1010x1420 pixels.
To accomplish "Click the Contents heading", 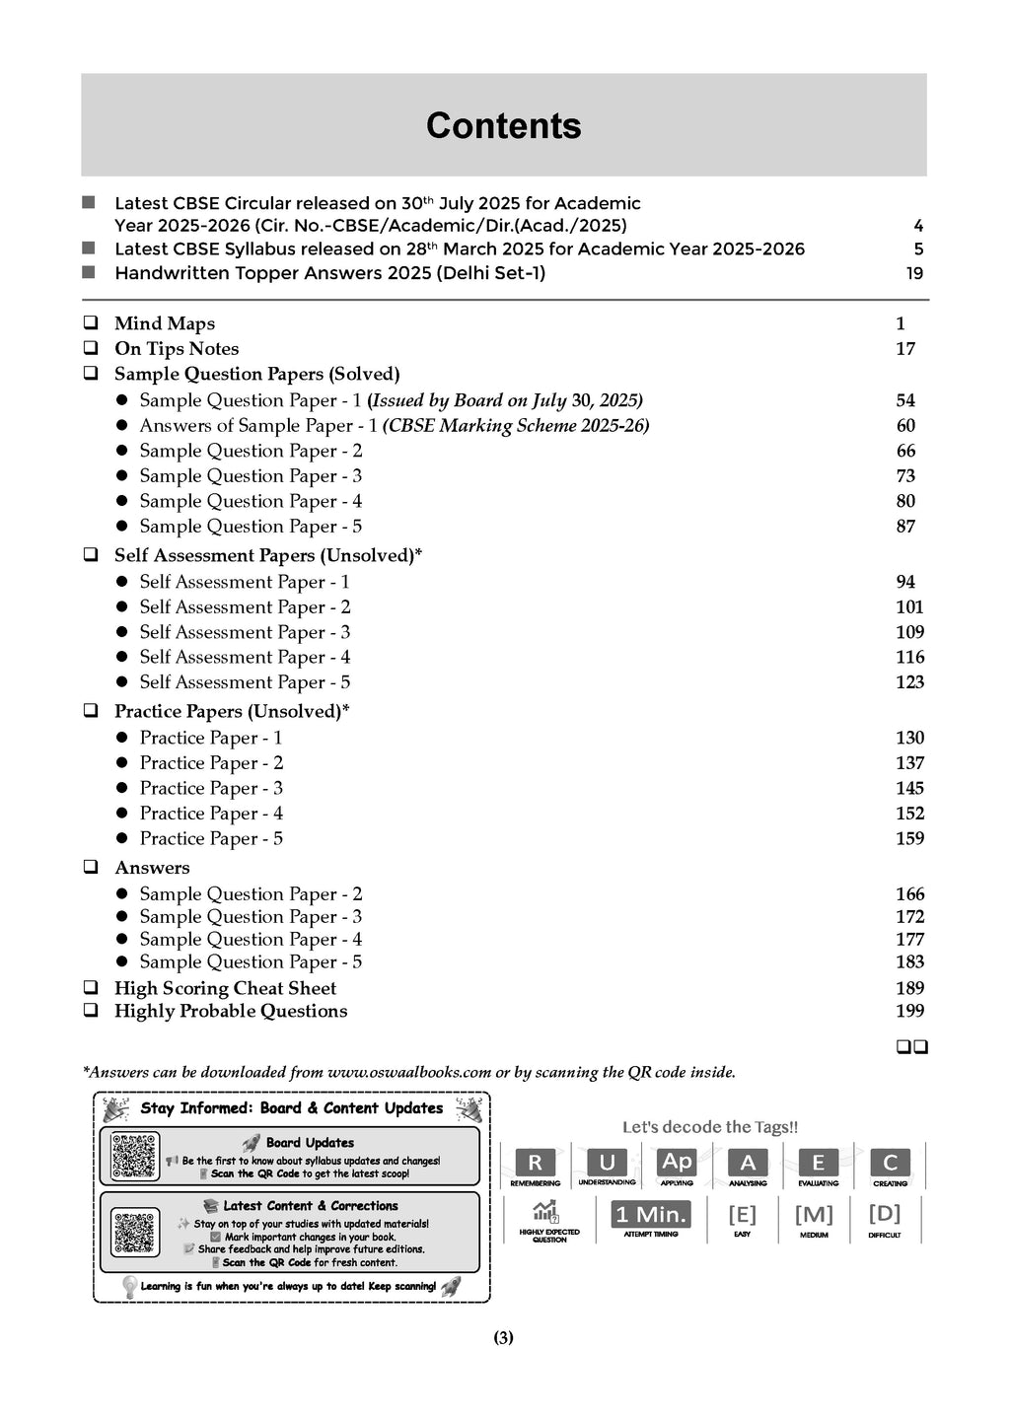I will point(503,126).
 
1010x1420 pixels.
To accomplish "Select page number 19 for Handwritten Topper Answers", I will point(914,273).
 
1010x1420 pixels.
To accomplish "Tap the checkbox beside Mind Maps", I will point(91,322).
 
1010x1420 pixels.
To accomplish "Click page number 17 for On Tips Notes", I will point(905,348).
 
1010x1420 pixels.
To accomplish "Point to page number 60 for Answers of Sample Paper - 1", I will point(905,425).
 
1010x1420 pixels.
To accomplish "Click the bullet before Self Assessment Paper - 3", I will point(122,632).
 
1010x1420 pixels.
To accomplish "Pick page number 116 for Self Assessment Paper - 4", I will point(909,657).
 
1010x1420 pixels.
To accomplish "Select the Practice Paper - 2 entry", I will point(211,762).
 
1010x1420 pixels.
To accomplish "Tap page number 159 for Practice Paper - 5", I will point(909,838).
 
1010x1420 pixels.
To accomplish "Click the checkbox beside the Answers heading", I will point(91,868).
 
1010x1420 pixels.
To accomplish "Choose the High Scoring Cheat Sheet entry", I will point(225,988).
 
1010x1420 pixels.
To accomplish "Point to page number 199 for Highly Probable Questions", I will point(909,1010).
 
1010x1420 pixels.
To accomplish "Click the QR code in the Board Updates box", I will point(135,1157).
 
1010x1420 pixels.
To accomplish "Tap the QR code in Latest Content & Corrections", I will point(135,1233).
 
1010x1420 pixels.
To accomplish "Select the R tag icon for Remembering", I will point(536,1163).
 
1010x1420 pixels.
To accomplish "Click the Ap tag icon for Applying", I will point(677,1162).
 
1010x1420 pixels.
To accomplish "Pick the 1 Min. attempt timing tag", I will point(651,1214).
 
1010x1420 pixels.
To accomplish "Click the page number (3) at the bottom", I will point(503,1338).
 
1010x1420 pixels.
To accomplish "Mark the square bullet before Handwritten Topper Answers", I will point(89,272).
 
